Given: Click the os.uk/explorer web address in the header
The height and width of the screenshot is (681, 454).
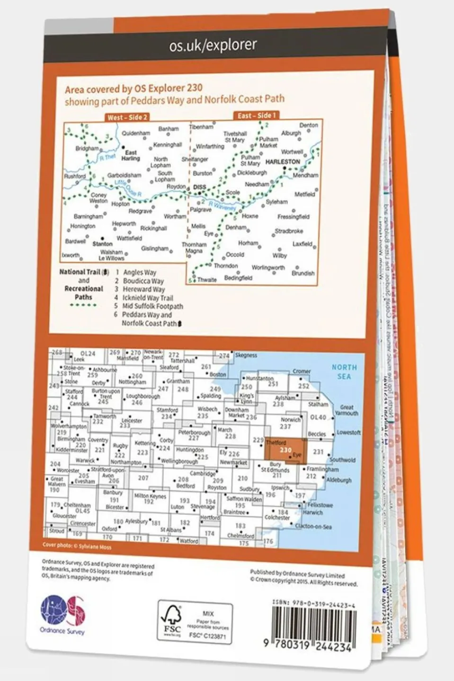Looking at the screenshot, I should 213,45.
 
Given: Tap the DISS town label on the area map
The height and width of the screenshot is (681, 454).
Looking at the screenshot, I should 200,187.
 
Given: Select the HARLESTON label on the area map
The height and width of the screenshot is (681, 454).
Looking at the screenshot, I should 283,162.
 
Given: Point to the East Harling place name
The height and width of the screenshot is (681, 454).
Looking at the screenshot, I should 131,155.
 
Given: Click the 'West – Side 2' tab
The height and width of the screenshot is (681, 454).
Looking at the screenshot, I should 127,117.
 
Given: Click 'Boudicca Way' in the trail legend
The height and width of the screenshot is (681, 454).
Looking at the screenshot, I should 143,281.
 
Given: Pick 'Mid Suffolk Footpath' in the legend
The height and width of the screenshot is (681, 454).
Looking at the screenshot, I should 152,306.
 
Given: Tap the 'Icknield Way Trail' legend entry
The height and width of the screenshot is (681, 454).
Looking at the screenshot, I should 148,298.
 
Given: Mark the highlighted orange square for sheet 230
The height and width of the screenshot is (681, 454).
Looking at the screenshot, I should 285,450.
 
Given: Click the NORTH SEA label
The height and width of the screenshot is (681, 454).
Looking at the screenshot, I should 344,371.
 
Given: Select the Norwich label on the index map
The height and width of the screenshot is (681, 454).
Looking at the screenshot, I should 290,420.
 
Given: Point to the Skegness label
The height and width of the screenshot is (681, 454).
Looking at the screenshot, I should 246,355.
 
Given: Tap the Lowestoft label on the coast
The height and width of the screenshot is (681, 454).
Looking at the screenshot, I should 348,433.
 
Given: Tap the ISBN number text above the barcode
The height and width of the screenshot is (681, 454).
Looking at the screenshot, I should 313,604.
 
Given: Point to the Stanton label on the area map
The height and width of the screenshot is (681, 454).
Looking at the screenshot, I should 102,244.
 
